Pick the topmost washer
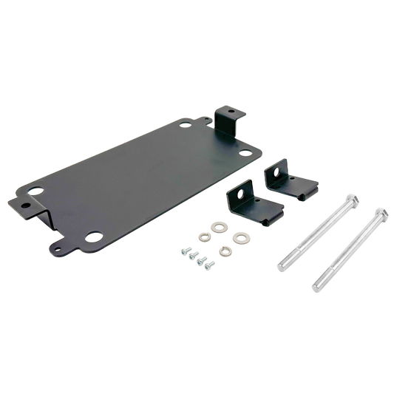pyautogui.click(x=220, y=226)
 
